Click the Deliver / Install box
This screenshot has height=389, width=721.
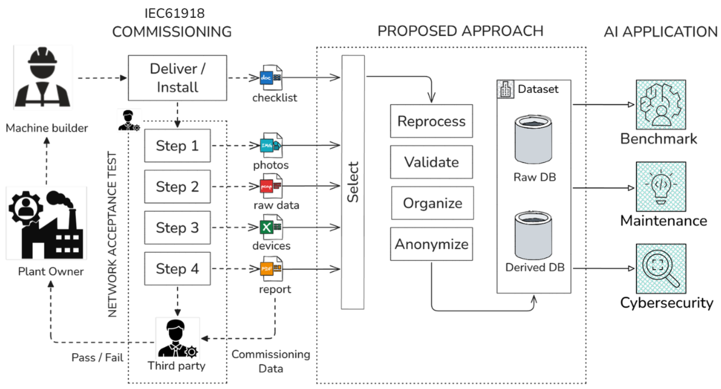(177, 78)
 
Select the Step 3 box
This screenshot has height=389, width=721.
(177, 227)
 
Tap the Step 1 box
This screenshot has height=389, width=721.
(177, 146)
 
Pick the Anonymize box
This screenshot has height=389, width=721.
(432, 244)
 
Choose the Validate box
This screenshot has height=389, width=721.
(432, 162)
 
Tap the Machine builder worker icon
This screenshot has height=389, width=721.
(43, 78)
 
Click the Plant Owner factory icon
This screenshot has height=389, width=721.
(46, 223)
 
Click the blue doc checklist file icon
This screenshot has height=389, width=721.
(271, 78)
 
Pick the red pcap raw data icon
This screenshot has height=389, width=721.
(271, 186)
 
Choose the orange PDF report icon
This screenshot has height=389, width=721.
(271, 269)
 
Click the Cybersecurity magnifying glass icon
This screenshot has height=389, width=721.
(661, 269)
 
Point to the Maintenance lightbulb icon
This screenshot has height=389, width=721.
(661, 186)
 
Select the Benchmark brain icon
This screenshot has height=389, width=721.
(661, 104)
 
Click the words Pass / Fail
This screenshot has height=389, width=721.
(97, 357)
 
